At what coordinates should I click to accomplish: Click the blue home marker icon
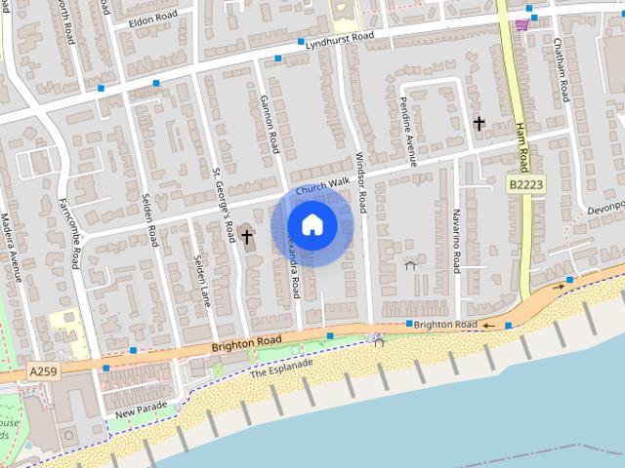click(x=312, y=224)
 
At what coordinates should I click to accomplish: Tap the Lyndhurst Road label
click(x=339, y=37)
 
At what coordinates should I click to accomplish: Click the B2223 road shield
click(x=526, y=183)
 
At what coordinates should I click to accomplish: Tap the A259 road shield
click(x=41, y=371)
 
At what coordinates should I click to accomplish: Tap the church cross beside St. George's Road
click(x=246, y=235)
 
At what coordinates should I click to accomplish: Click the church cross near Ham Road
click(x=479, y=123)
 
